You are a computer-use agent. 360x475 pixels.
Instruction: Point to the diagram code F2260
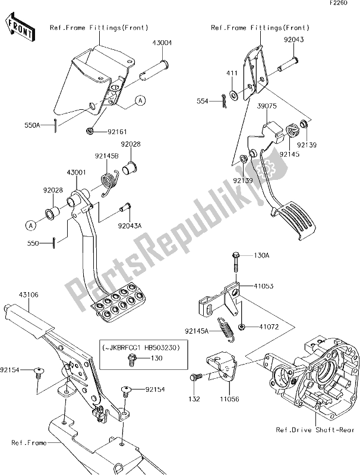346,5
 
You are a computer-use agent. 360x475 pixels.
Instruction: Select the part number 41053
264,286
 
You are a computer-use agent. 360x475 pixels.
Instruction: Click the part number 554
202,102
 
